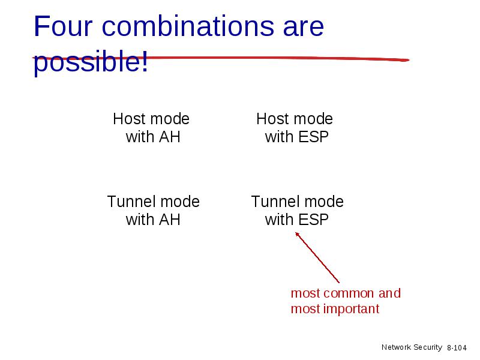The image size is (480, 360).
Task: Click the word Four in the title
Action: point(63,26)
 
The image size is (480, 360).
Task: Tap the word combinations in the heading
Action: point(188,26)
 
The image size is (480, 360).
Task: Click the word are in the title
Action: point(303,28)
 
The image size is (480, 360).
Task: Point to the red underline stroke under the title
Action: point(220,58)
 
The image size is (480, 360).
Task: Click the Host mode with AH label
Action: point(152,128)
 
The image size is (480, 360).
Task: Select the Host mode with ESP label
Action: point(295,128)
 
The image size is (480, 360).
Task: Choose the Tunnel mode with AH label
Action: point(153,211)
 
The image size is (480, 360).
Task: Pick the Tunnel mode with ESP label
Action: point(297,211)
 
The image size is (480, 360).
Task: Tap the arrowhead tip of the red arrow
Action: point(295,232)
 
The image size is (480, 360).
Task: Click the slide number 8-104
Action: point(457,348)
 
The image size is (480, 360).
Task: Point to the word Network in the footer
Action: point(397,347)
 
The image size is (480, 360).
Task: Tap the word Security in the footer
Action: point(428,347)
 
